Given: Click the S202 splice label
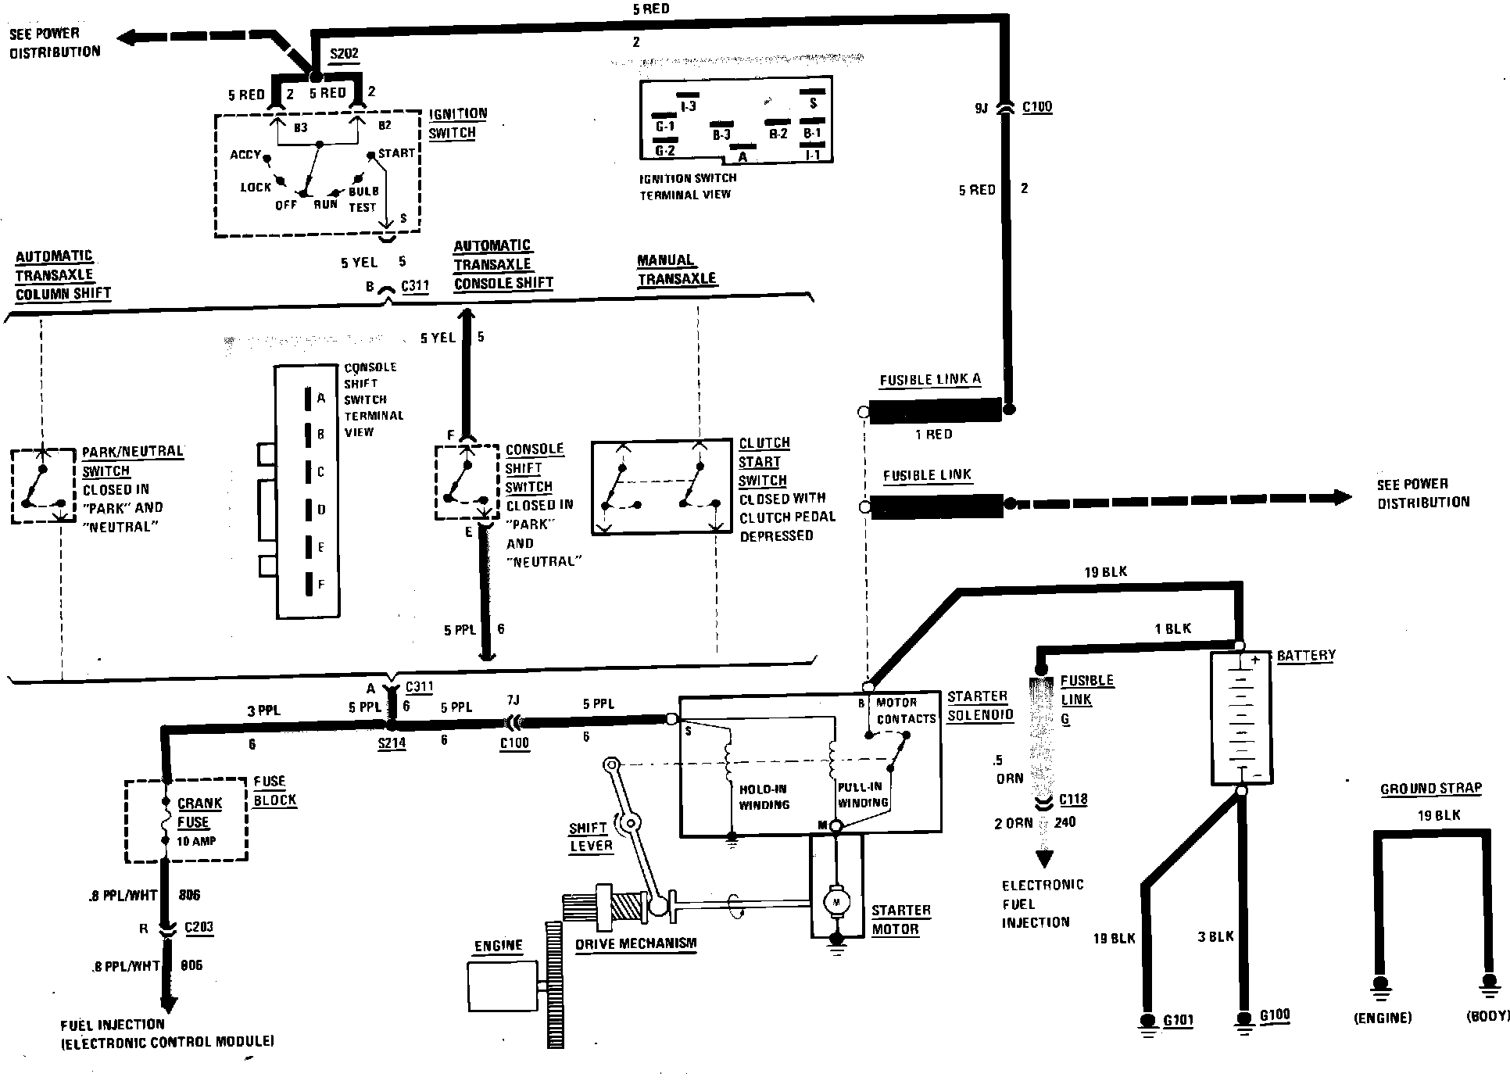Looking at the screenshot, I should (344, 54).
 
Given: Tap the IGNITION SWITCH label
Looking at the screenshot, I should (457, 123).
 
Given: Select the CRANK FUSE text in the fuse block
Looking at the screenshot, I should (199, 813).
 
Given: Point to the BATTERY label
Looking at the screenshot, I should (1306, 656).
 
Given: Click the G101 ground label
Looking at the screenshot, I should (1178, 1020).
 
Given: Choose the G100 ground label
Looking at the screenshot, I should (1275, 1016).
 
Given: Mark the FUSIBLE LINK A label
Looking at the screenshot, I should (929, 380).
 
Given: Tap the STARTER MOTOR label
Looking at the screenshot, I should (900, 920).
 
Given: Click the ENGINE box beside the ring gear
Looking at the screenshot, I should (502, 987).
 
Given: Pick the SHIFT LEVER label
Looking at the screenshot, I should (591, 837).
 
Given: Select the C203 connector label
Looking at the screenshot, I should (199, 928).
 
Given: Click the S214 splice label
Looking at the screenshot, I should (392, 743).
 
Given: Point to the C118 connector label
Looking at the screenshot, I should (1073, 800).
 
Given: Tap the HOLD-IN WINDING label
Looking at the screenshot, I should (764, 797).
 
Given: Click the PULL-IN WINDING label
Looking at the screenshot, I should (861, 795).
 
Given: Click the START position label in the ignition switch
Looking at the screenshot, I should (396, 153).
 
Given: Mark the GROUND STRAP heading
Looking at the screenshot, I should (1430, 789).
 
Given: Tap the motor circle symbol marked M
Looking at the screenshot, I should (837, 903).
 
